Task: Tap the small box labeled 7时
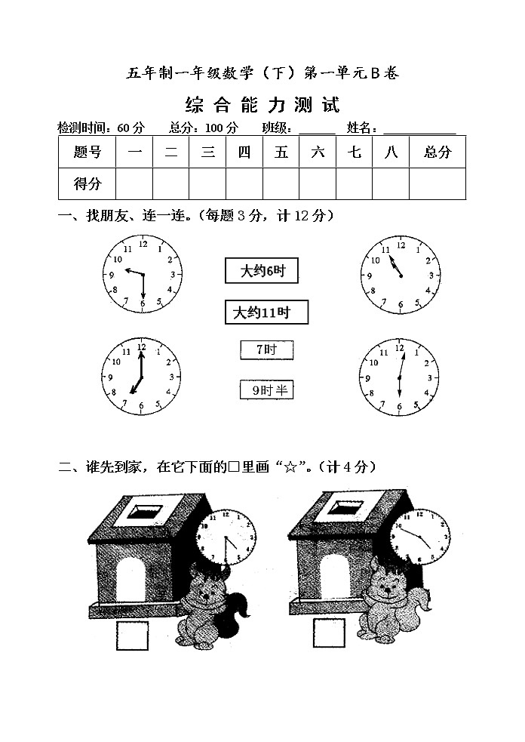tap(266, 349)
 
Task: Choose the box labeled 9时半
tap(266, 389)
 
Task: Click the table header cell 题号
tap(87, 152)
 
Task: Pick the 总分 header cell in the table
tap(437, 152)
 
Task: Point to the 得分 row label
tap(87, 183)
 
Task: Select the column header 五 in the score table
tap(281, 152)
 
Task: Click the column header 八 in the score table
tap(391, 152)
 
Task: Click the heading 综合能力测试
tap(262, 104)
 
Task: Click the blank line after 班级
tap(317, 129)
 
